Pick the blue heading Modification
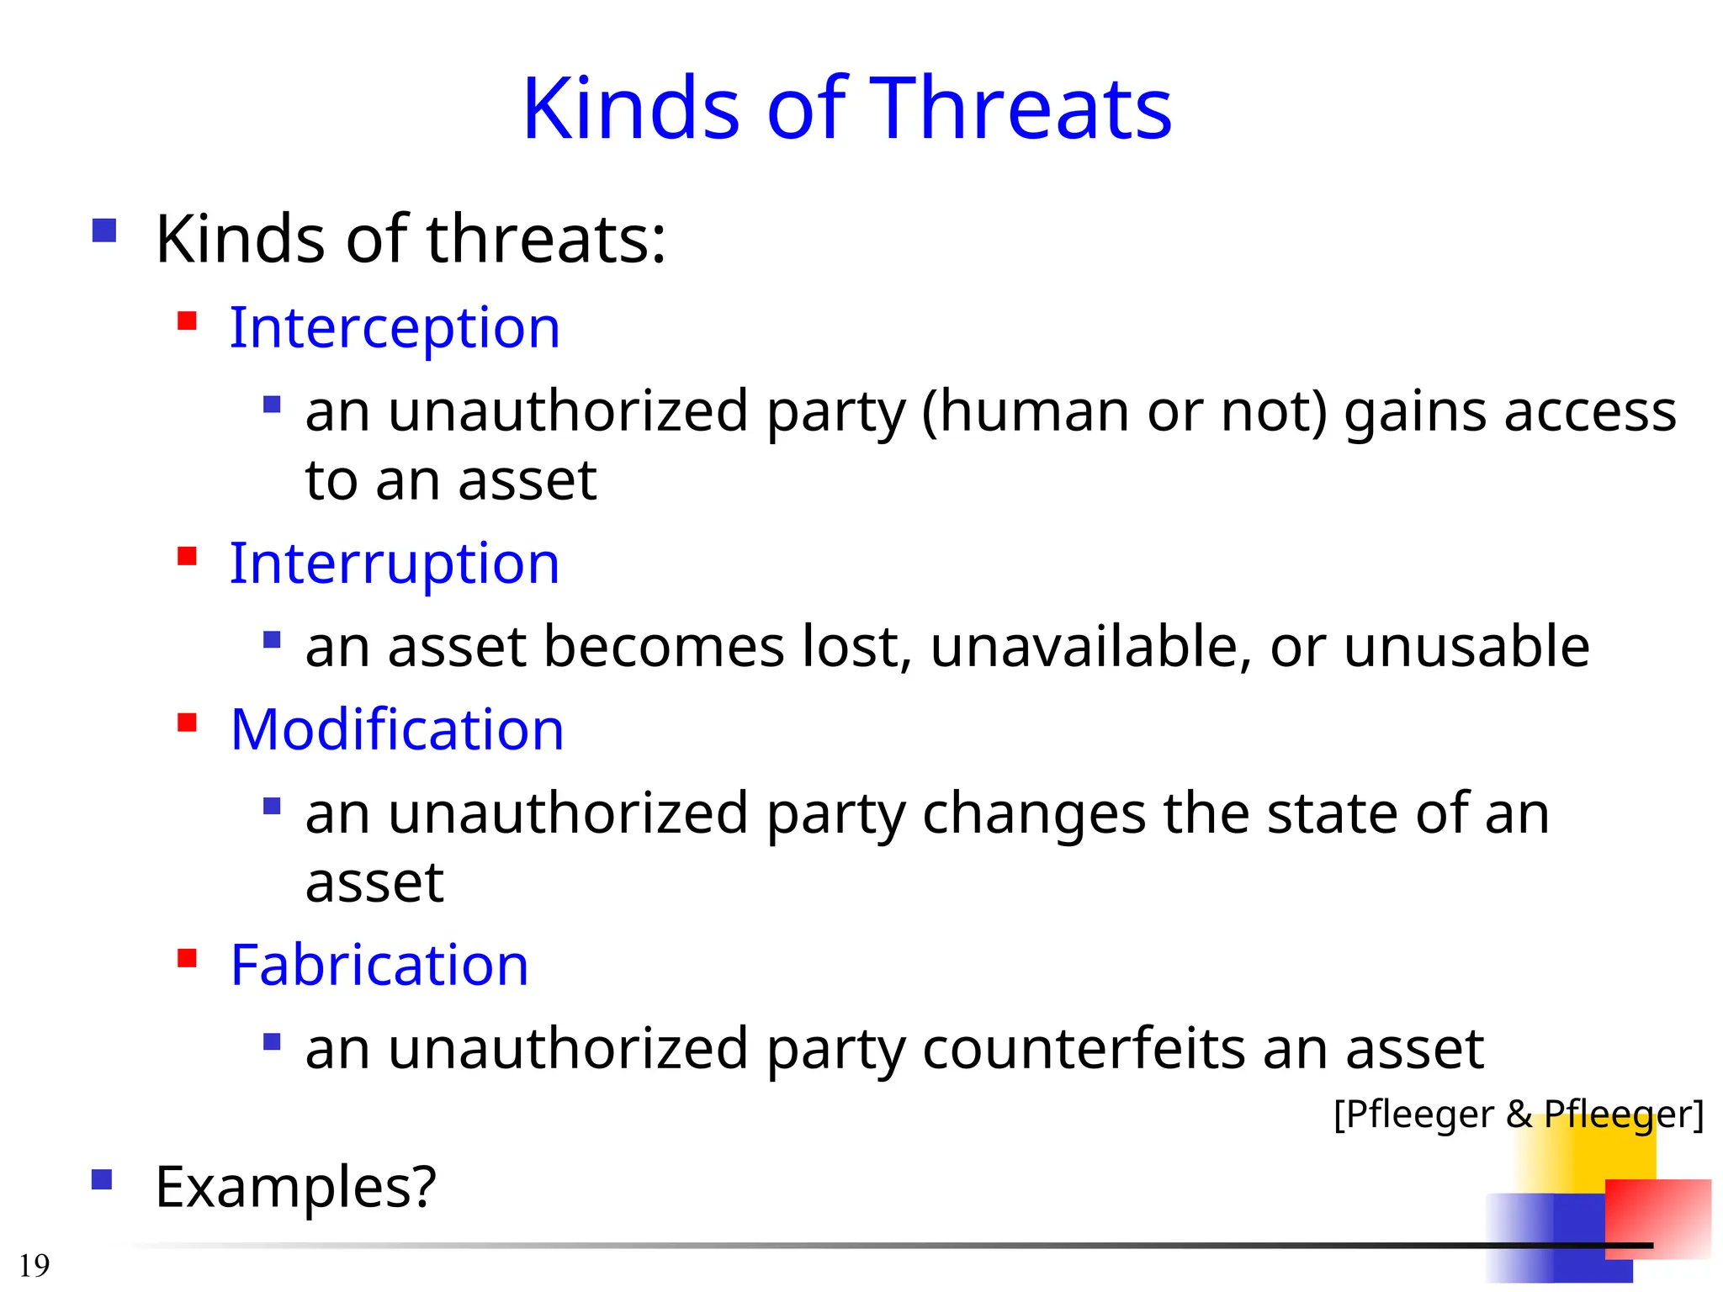(x=397, y=729)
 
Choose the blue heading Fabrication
(x=379, y=965)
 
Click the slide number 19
(x=34, y=1265)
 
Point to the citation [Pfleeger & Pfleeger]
(x=1518, y=1115)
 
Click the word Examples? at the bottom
(x=295, y=1187)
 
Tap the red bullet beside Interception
(x=187, y=321)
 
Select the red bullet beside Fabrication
(x=187, y=959)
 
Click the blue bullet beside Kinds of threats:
(x=104, y=230)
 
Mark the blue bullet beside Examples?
(x=102, y=1180)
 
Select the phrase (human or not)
(x=1124, y=412)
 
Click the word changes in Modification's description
(x=1034, y=814)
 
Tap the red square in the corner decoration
(x=1657, y=1218)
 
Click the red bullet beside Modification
(x=187, y=723)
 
